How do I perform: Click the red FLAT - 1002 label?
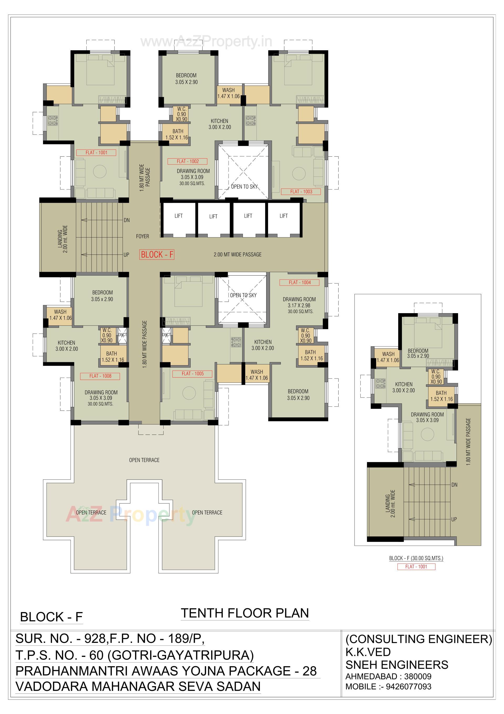tap(187, 161)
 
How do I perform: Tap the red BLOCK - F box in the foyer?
tap(157, 255)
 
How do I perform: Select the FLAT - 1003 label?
tap(301, 192)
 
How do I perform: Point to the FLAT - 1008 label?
tap(100, 376)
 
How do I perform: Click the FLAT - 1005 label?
tap(192, 374)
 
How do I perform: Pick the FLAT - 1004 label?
tap(299, 282)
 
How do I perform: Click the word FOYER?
tap(142, 236)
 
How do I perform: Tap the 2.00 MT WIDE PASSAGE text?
tap(237, 255)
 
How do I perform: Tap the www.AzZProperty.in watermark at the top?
tap(206, 41)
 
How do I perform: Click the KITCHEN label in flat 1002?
tap(219, 121)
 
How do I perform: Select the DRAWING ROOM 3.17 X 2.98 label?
tap(299, 302)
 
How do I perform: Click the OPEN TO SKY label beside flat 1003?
tap(244, 187)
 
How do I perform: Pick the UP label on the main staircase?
tap(126, 255)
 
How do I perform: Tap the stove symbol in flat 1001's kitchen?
tap(52, 121)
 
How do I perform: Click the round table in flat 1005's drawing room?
tap(189, 393)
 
